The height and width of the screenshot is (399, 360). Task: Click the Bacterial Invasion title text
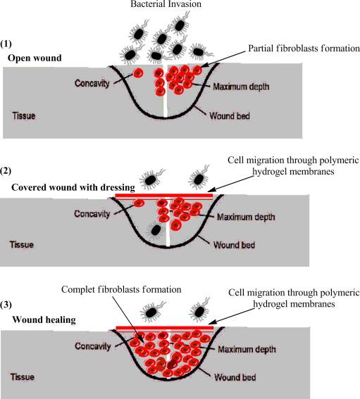(166, 4)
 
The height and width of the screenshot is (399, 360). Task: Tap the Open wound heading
(35, 58)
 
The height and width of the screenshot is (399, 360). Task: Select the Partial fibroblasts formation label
(304, 48)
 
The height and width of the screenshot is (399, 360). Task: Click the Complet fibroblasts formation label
(121, 290)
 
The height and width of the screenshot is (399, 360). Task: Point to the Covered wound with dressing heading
(73, 188)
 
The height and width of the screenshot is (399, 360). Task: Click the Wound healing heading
(44, 319)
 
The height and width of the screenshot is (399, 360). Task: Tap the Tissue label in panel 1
(24, 116)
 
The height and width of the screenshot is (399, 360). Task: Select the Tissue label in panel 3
(22, 377)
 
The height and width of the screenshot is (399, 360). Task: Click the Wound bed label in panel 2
(234, 245)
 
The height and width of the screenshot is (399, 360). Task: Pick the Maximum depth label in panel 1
(241, 87)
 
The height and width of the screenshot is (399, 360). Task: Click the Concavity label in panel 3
(93, 346)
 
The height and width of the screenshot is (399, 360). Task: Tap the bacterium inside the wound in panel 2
(156, 230)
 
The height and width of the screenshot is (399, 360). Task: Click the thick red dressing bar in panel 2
(164, 195)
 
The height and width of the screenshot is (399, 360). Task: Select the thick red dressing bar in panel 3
(165, 328)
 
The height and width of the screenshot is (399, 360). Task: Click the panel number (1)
(6, 44)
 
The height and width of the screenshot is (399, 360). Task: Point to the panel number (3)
(6, 305)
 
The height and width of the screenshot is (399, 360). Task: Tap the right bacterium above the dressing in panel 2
(199, 178)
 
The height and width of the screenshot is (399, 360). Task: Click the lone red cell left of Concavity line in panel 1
(138, 73)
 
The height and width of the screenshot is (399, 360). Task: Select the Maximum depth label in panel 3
(247, 349)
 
